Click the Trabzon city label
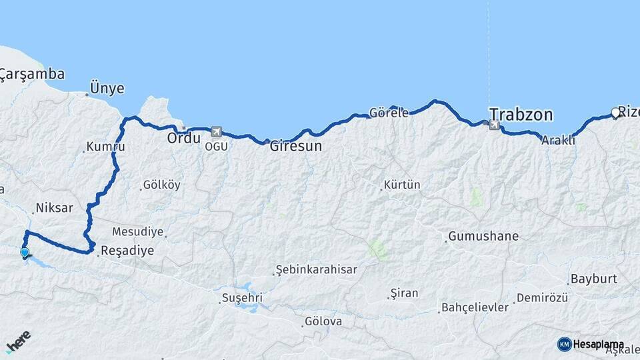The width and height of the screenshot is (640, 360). pos(521,115)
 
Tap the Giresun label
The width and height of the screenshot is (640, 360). pos(295,146)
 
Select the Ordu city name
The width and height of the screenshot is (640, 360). pos(183,139)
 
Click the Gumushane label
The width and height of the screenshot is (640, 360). pos(483,236)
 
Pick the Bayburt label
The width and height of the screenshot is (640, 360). pos(593,279)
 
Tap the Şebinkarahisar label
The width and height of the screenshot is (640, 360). pos(317,270)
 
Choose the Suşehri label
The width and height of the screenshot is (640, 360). pos(242,297)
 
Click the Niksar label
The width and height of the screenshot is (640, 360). pos(54,208)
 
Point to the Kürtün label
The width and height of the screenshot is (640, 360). pos(402,185)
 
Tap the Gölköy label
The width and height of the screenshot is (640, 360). pos(161,185)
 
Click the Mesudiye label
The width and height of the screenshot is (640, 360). pos(137,232)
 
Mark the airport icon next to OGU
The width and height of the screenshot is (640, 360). pos(215,131)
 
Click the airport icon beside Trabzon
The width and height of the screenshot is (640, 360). pos(494,125)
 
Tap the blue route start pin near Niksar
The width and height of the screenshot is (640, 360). pos(25,253)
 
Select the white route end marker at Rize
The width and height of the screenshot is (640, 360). pos(615,113)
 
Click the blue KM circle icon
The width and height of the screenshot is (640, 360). pos(564,344)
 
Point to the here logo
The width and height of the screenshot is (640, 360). pos(18,341)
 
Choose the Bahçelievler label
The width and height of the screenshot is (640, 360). pos(475,308)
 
